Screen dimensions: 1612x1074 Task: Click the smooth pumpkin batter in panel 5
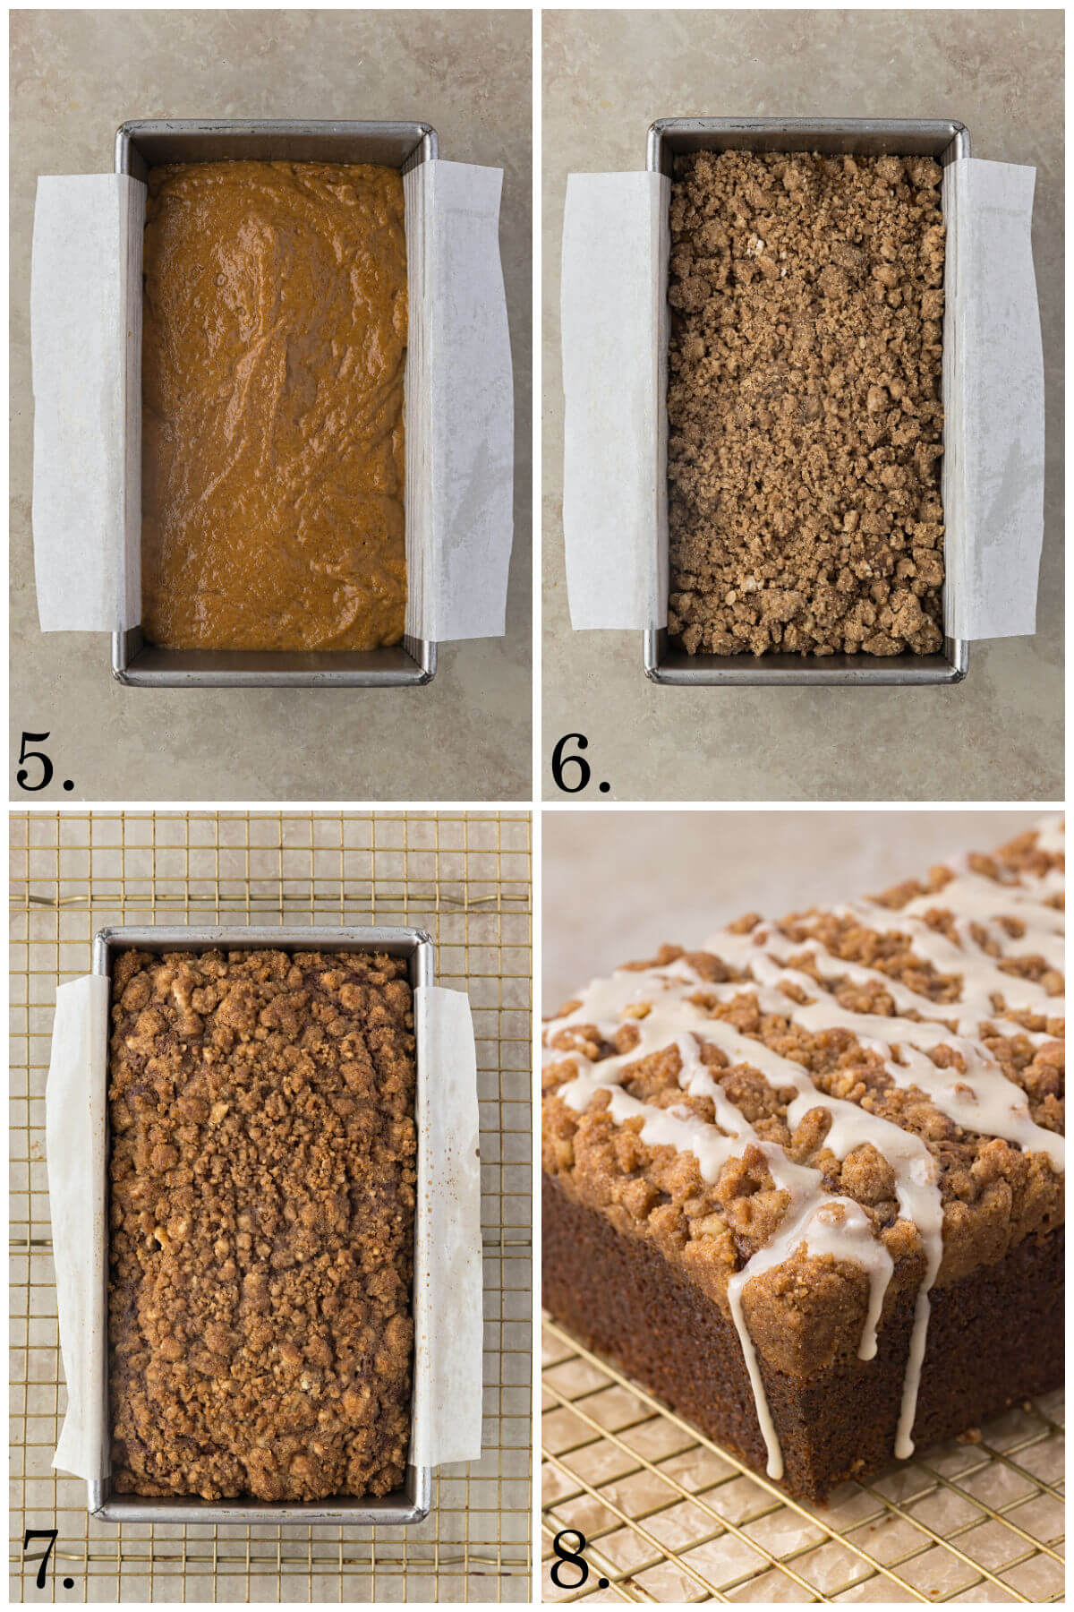point(273,403)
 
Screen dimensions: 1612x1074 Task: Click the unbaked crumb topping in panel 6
point(805,403)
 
